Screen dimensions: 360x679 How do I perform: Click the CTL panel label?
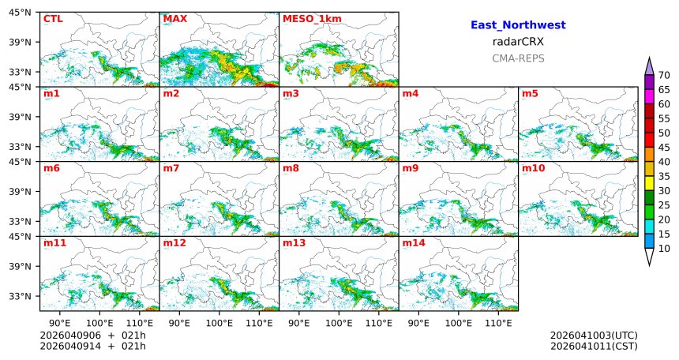[53, 18]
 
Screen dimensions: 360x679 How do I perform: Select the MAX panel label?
[174, 18]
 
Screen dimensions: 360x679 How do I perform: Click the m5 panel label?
[530, 94]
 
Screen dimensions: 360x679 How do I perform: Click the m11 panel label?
[54, 243]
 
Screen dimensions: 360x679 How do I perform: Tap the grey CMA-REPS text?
[518, 58]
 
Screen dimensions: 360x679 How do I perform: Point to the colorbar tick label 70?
[664, 75]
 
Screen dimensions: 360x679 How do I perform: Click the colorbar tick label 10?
[664, 249]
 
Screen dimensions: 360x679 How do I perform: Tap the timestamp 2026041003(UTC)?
[594, 336]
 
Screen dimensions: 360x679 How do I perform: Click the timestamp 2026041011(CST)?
[594, 346]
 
